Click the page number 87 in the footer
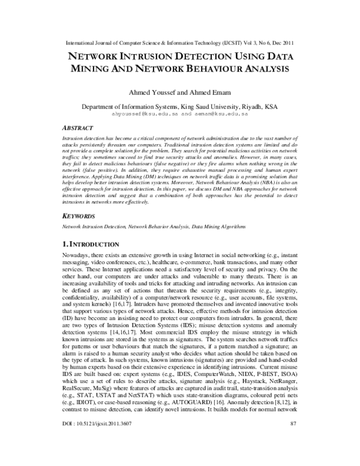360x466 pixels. click(x=294, y=457)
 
